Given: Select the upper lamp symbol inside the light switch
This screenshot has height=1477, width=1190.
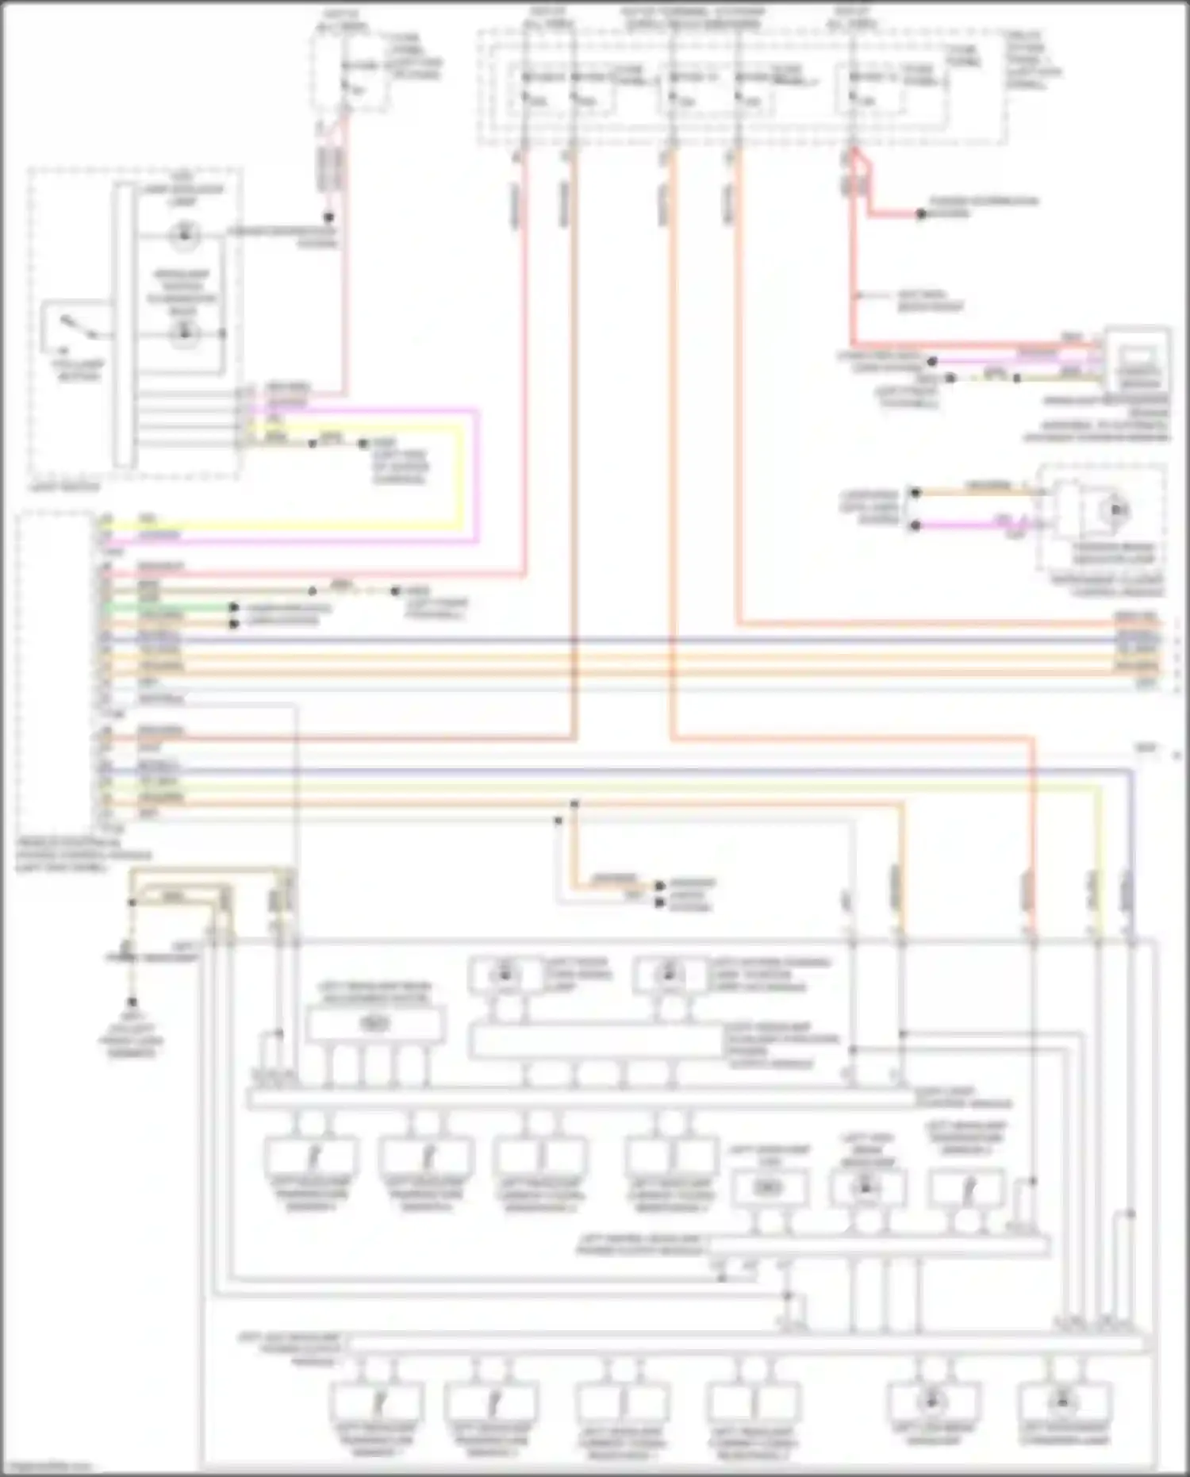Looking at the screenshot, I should pos(184,235).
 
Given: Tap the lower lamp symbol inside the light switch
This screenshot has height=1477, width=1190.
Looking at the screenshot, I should pos(184,333).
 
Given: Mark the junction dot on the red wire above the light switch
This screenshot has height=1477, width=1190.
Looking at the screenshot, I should pos(328,217).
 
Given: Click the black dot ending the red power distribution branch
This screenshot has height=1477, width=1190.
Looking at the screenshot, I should pos(920,214).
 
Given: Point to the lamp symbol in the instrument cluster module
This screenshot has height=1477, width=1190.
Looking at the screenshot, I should pos(1117,510).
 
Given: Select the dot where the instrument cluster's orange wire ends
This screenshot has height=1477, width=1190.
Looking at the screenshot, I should pos(915,493).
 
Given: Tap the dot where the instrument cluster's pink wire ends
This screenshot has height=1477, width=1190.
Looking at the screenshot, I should pos(915,525).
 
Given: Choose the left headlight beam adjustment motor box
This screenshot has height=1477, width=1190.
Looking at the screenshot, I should pos(374,1024).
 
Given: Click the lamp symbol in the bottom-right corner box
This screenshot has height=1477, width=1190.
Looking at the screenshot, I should pos(1063,1402).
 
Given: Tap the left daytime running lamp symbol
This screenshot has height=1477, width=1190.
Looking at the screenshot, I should pos(669,972).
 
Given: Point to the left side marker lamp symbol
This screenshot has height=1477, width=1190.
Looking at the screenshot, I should pos(505,972).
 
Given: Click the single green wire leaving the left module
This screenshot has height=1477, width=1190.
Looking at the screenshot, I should pos(159,607).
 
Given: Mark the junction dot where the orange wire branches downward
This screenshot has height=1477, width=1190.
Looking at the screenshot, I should pos(574,805).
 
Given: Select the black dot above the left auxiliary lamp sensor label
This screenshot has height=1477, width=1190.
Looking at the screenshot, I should pos(132,1002).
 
